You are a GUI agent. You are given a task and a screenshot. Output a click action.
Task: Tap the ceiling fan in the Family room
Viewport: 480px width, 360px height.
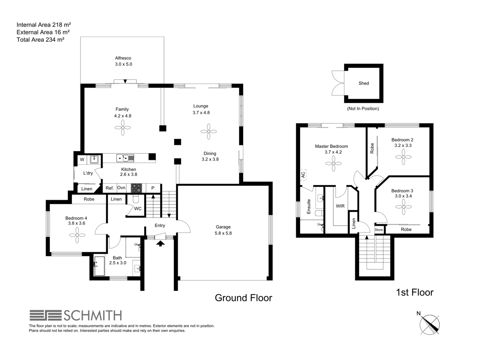(123, 127)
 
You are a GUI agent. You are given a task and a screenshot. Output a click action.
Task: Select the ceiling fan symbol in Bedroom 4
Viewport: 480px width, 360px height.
(77, 235)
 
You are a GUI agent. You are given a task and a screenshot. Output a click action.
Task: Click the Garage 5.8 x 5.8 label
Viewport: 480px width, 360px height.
(223, 230)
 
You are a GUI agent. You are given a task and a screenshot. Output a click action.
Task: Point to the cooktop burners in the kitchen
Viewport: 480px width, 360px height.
(137, 188)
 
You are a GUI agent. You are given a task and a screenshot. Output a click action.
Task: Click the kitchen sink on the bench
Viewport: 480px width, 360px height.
(125, 158)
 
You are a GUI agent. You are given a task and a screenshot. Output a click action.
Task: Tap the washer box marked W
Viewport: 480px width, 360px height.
(82, 160)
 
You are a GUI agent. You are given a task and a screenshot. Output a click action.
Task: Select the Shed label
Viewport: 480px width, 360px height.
(364, 83)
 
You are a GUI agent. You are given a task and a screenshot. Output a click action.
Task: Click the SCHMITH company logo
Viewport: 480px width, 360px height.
(76, 315)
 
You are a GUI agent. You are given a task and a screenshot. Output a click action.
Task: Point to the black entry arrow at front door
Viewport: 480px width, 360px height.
(160, 243)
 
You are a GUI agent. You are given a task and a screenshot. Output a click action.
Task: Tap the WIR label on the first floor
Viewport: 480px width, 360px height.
(340, 206)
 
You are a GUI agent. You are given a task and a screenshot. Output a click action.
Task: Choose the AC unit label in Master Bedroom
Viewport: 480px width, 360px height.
(303, 174)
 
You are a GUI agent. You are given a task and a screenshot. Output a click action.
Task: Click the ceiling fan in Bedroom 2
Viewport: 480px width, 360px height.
(403, 157)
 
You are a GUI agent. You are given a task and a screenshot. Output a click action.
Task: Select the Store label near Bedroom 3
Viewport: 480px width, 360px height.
(379, 230)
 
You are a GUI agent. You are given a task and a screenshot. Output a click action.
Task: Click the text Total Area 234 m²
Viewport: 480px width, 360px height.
(40, 40)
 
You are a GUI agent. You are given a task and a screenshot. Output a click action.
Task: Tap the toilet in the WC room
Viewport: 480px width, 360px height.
(136, 199)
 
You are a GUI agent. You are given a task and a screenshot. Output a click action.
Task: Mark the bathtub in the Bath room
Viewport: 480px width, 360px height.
(99, 266)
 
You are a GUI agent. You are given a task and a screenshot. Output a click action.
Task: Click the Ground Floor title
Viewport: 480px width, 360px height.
(243, 298)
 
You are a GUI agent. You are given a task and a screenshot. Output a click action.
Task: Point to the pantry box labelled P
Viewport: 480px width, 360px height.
(153, 188)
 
